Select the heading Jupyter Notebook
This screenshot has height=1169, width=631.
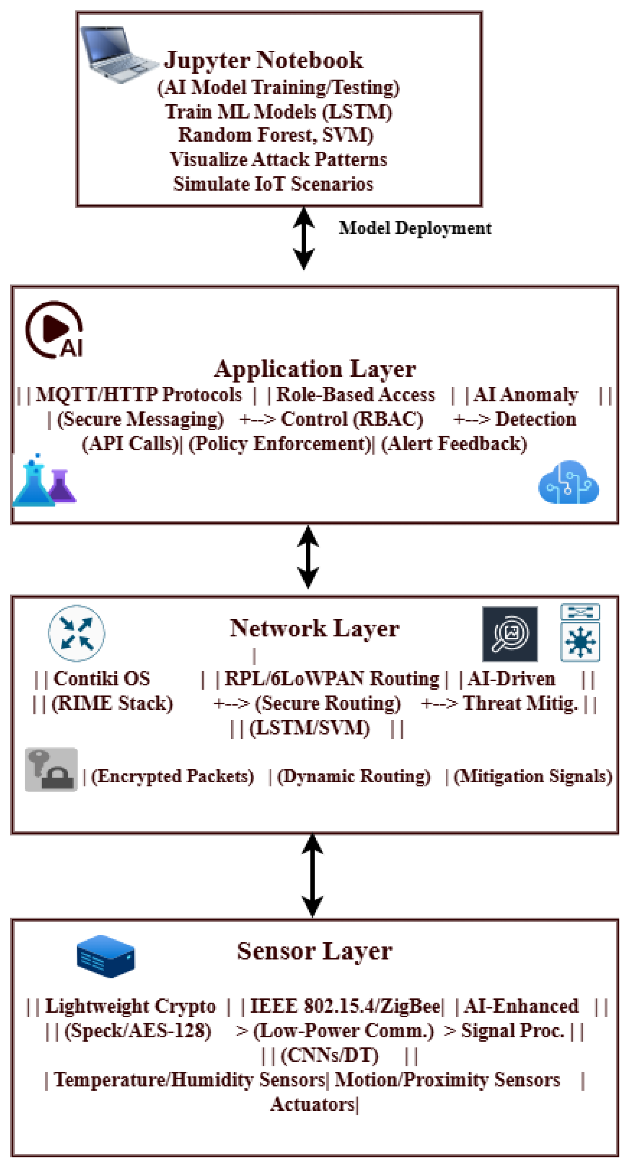(x=264, y=60)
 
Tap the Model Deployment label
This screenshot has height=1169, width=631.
(x=415, y=228)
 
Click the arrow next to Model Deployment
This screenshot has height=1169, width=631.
(x=304, y=238)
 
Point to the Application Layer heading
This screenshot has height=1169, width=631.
(x=315, y=369)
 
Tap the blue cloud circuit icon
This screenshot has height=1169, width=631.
(x=568, y=483)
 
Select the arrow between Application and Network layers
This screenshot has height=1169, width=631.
(x=308, y=557)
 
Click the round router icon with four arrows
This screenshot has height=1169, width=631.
(x=77, y=633)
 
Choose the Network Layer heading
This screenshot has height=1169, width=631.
(x=314, y=628)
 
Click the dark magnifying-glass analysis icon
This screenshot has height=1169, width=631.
(x=510, y=634)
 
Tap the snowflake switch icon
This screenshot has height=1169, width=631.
(x=580, y=633)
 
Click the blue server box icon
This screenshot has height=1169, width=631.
(x=106, y=956)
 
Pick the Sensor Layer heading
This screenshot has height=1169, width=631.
(x=314, y=951)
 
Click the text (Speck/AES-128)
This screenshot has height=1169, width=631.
(x=138, y=1031)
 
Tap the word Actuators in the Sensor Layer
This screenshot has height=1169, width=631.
(x=312, y=1104)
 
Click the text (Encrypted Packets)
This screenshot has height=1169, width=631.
(x=173, y=776)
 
